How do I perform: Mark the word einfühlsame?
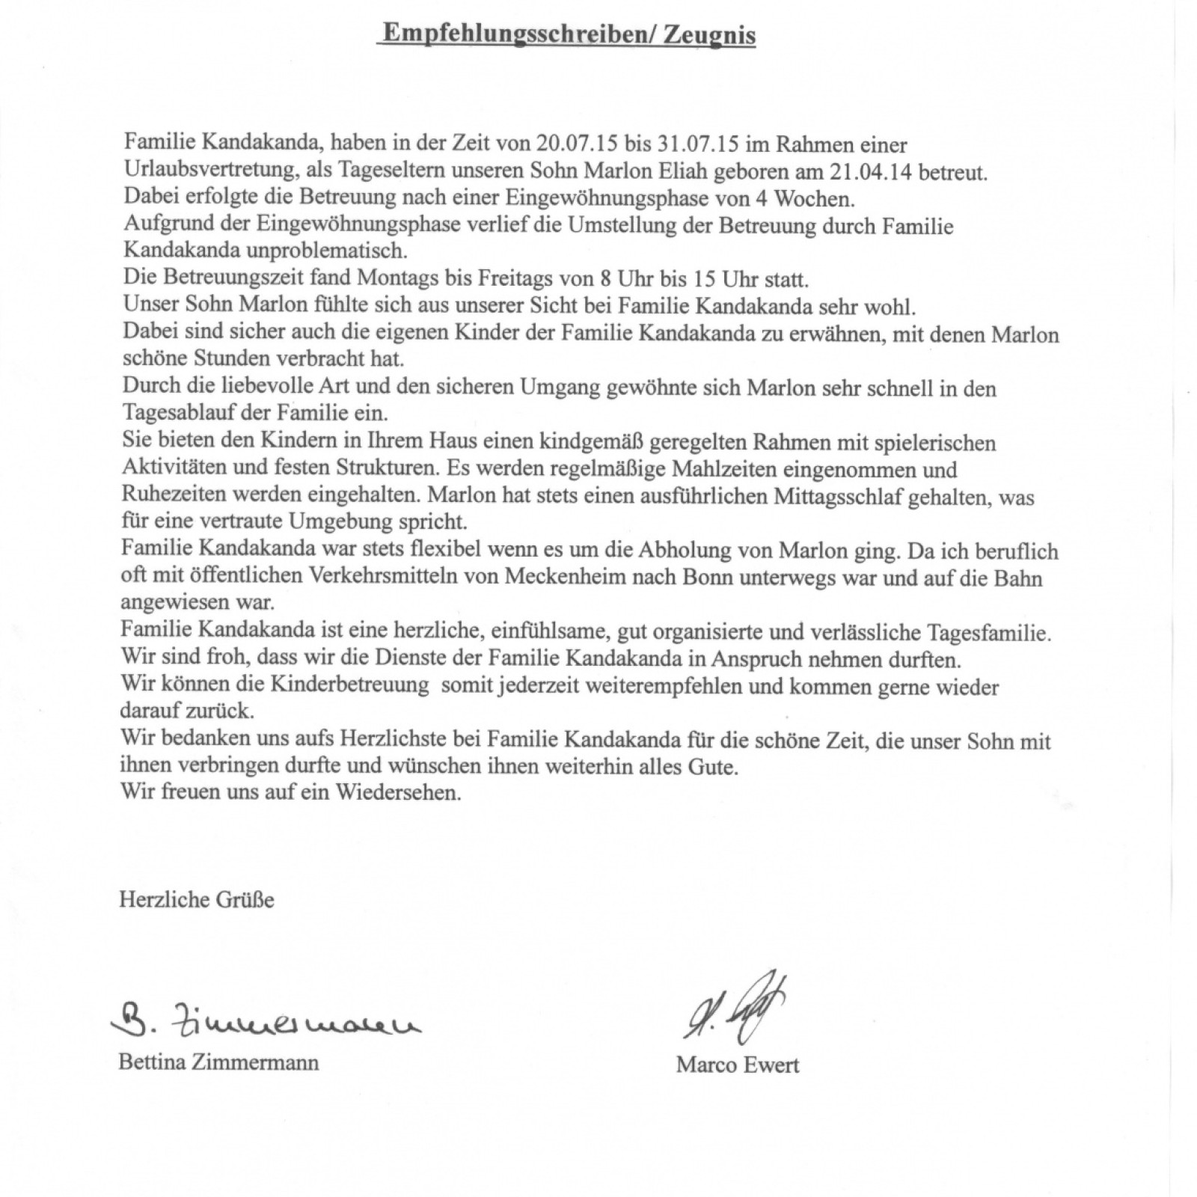(x=551, y=633)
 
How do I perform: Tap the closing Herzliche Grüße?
(x=197, y=898)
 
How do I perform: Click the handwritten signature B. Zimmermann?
(x=265, y=1020)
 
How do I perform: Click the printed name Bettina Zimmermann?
(x=218, y=1062)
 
